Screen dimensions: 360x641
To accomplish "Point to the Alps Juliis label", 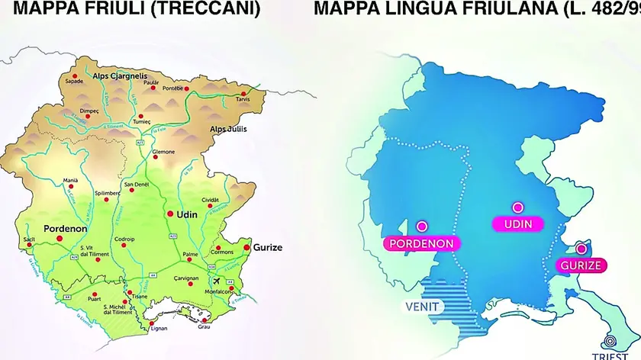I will [228, 129].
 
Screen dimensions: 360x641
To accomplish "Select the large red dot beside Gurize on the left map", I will [246, 247].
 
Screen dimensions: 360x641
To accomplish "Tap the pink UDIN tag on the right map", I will [517, 224].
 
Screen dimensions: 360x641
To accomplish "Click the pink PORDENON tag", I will [422, 244].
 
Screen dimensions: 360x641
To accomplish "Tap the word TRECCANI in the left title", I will [206, 9].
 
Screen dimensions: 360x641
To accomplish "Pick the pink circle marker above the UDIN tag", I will [517, 207].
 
